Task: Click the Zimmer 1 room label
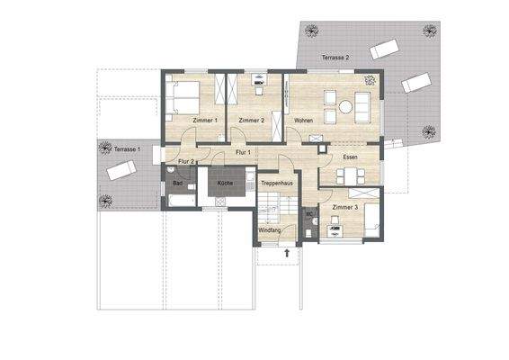[x=205, y=120]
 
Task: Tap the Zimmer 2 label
[x=251, y=120]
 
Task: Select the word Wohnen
[x=303, y=120]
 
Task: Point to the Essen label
[x=351, y=157]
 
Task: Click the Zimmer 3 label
[x=345, y=208]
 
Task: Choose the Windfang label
[x=270, y=230]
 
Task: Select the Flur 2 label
[x=186, y=161]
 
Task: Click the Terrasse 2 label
[x=335, y=58]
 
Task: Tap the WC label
[x=308, y=214]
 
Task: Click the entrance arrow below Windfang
[x=287, y=254]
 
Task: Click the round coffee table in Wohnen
[x=344, y=107]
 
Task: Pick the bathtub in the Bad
[x=182, y=199]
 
